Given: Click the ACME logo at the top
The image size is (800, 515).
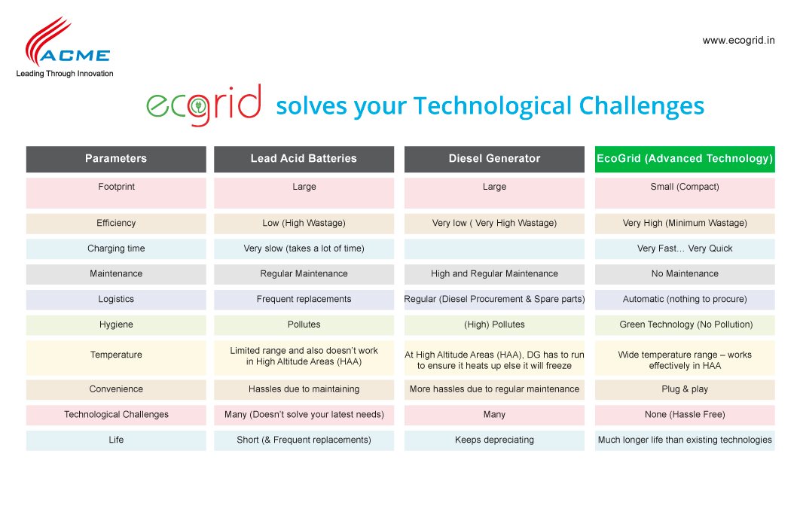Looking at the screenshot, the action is [65, 47].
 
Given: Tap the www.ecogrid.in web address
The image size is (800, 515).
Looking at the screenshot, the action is [738, 41].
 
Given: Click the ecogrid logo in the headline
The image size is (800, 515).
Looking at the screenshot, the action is [204, 105].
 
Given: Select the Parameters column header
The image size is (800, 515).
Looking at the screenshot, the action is [116, 159].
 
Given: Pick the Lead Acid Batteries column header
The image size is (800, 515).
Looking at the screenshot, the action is [304, 159].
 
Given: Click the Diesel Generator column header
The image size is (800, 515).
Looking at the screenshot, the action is [494, 159].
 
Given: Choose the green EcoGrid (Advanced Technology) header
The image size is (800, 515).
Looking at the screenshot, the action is [685, 159].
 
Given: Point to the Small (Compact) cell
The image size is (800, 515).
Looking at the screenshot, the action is [685, 193].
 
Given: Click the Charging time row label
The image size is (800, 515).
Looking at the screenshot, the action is [116, 248].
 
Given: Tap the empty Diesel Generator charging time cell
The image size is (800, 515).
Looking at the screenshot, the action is [494, 248].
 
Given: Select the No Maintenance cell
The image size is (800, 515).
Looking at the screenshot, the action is [685, 274].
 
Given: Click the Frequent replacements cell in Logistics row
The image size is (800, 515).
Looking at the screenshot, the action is [304, 300].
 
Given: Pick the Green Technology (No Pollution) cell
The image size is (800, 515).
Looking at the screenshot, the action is [685, 325].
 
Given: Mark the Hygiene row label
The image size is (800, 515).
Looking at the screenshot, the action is [116, 325].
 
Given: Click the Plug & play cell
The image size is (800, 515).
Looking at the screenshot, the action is [685, 389].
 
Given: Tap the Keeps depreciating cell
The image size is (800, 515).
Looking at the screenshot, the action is [494, 440].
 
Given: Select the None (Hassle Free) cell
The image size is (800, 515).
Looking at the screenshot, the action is [685, 415].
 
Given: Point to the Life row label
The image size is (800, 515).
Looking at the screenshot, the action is [116, 440].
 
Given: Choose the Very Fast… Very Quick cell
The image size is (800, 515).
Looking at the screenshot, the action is [685, 248].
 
